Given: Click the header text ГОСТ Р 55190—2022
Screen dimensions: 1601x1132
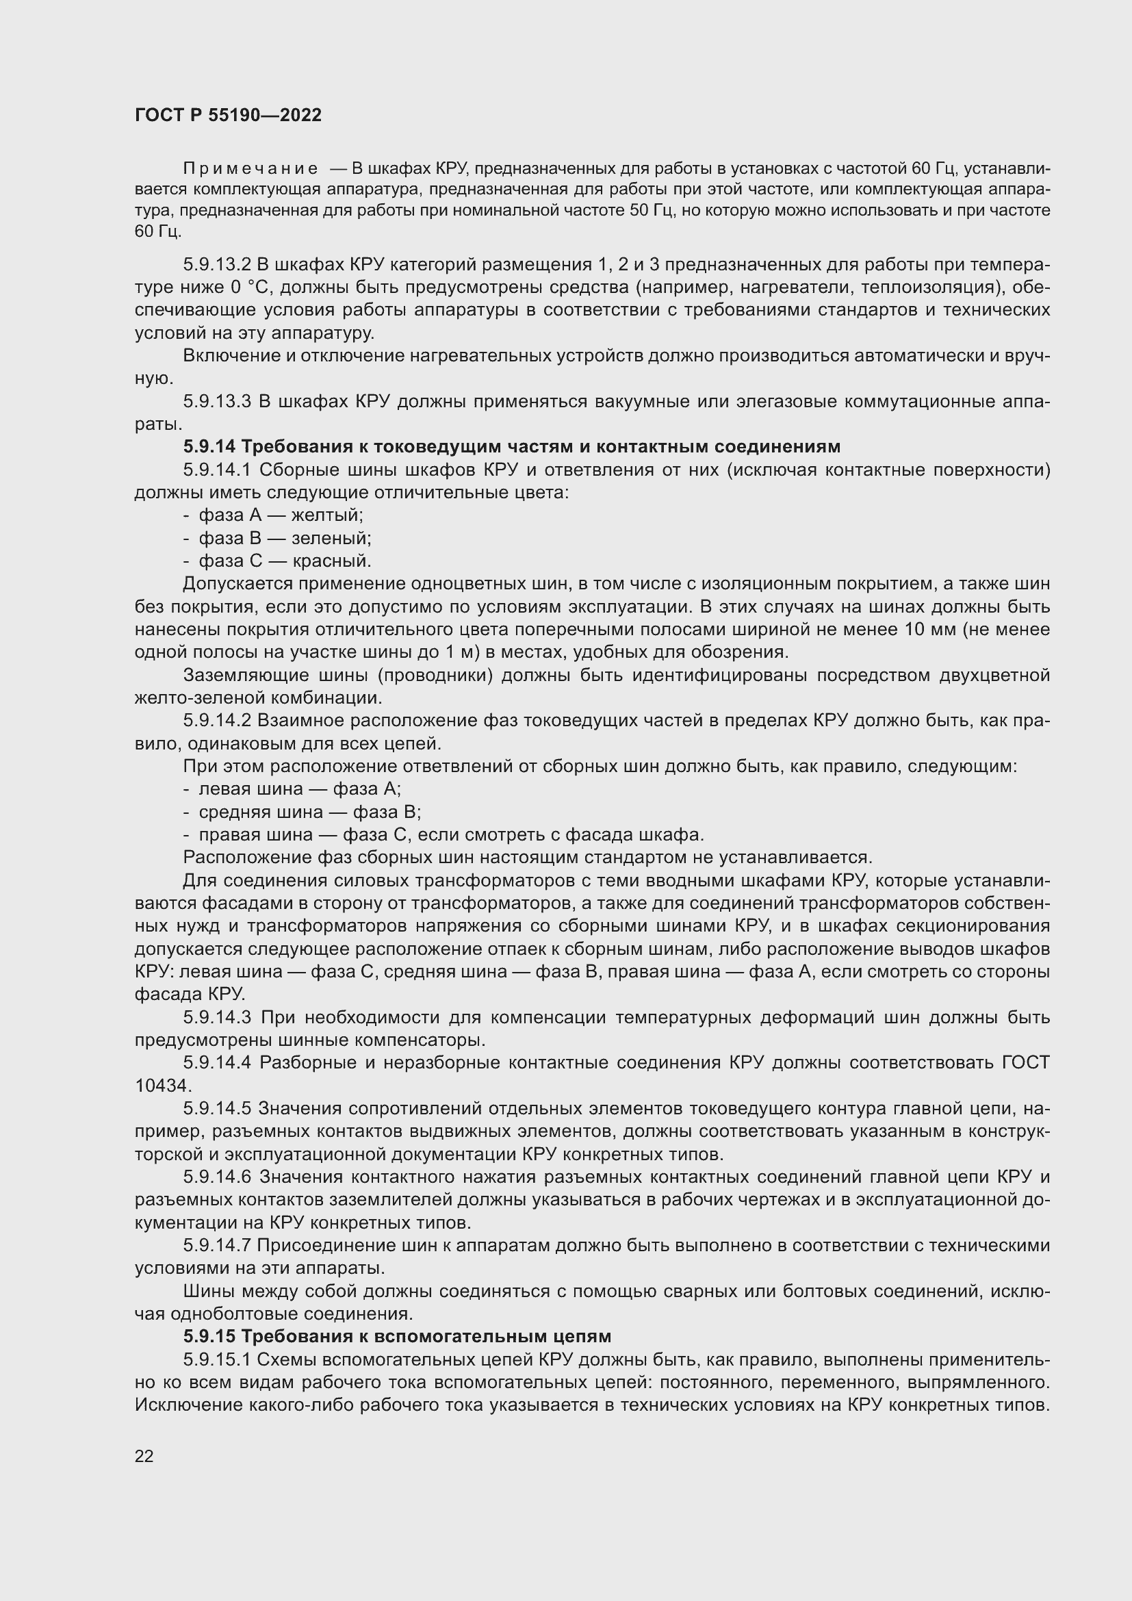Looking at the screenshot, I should point(228,116).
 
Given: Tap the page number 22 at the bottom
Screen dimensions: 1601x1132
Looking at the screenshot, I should point(144,1456).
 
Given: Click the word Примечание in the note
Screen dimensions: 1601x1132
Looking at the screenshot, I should point(250,169).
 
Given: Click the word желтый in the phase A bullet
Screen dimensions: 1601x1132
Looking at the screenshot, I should point(327,515).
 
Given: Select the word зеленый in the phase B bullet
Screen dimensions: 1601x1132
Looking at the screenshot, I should point(331,538).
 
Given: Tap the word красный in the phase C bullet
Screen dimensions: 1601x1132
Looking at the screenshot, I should point(332,561).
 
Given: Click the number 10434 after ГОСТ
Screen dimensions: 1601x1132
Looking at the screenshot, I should point(162,1086).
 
